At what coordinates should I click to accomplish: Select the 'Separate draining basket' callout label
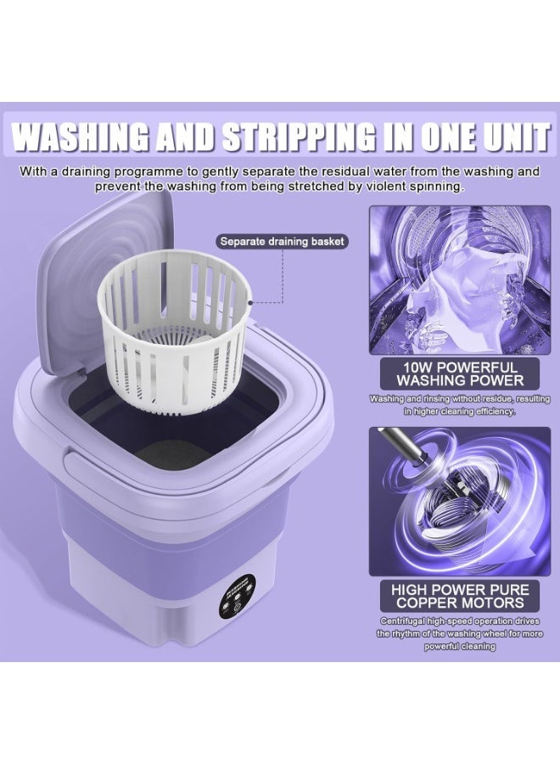(x=282, y=241)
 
